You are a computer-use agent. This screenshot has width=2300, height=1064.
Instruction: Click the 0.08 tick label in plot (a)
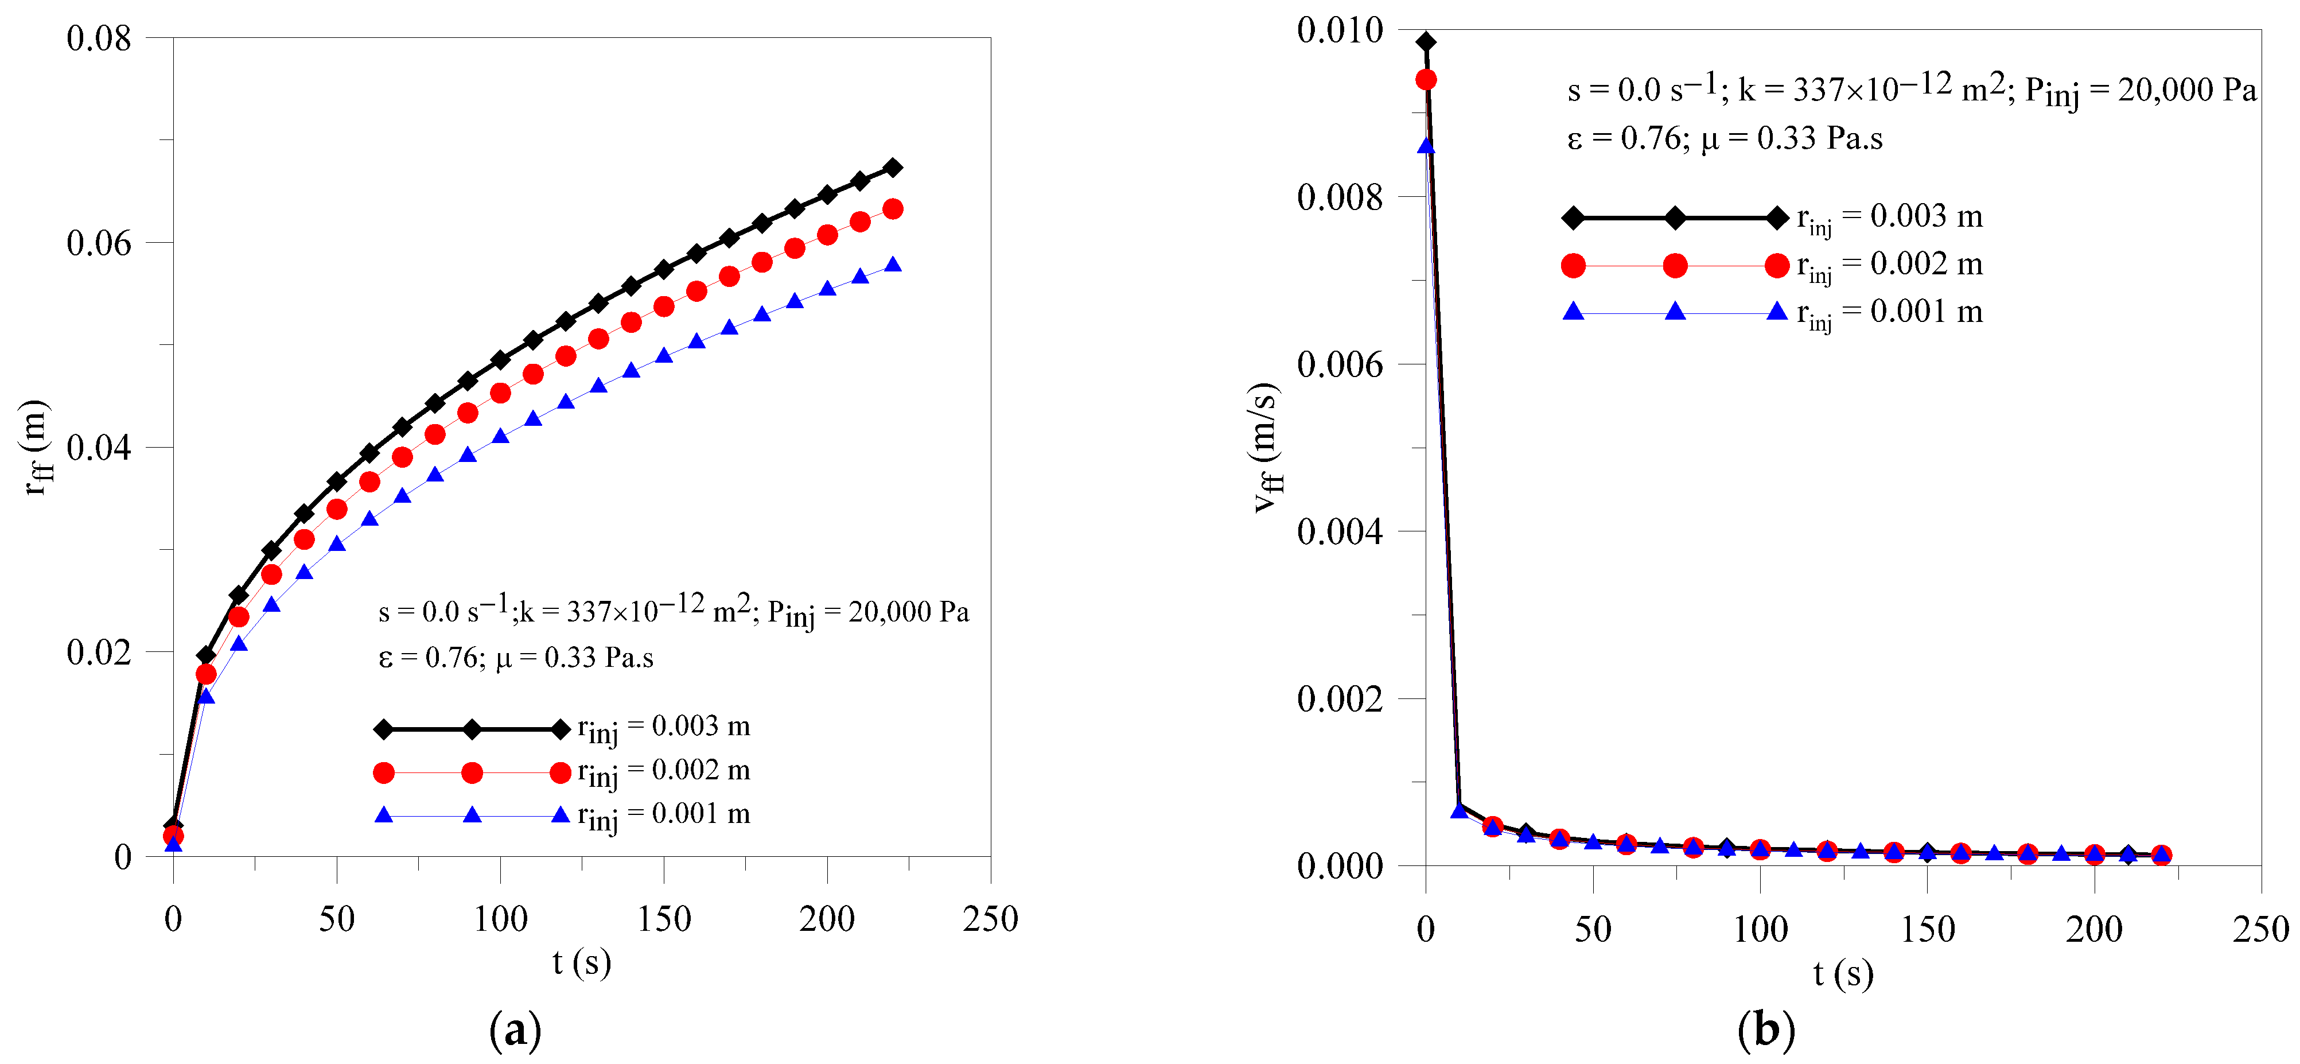(x=98, y=38)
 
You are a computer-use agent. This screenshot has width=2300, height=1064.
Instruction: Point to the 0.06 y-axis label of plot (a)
(x=98, y=243)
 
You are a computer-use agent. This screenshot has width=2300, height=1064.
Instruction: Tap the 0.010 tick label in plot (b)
(x=1339, y=30)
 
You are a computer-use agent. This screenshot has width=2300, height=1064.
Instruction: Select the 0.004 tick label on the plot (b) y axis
(x=1339, y=531)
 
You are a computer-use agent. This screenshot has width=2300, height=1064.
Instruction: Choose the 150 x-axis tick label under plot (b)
(x=1927, y=930)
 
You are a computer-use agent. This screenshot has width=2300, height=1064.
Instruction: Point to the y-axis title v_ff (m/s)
(x=1266, y=446)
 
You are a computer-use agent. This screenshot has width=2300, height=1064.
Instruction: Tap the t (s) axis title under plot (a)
(x=581, y=963)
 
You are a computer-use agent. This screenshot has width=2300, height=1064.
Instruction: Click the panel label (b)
(x=1765, y=1030)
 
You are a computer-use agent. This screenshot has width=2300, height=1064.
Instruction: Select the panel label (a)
(x=515, y=1030)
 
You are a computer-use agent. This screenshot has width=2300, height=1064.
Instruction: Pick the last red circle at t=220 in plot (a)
(x=892, y=209)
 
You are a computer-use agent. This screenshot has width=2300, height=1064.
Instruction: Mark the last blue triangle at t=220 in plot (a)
(x=892, y=265)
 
